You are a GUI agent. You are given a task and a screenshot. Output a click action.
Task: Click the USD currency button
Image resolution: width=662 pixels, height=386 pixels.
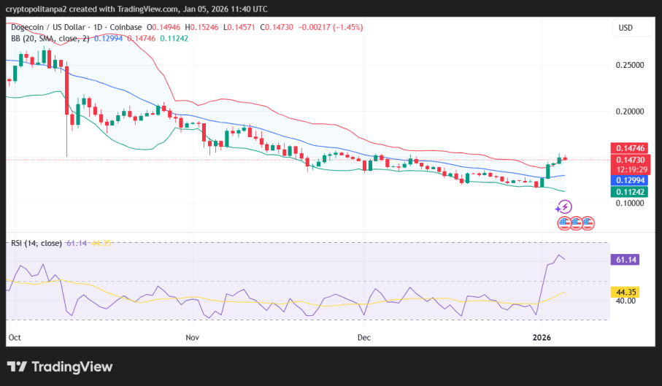[x=626, y=28]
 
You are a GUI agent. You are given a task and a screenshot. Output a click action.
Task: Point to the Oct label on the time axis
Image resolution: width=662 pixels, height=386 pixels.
[x=15, y=338]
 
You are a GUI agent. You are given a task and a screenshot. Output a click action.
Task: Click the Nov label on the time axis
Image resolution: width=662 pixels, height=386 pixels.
[x=193, y=338]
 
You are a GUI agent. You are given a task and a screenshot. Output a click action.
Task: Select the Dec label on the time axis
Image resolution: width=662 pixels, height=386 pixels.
[x=364, y=338]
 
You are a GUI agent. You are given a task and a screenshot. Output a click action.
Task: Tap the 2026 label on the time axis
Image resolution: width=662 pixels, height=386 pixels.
[x=541, y=338]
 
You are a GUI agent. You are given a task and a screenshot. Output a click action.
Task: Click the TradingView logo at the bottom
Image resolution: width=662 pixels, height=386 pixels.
[x=60, y=366]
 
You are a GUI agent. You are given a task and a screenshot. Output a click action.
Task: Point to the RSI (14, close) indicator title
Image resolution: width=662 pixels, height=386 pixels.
[x=35, y=243]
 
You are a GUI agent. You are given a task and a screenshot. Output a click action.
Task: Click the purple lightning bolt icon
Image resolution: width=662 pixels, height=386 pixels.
[x=563, y=207]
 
